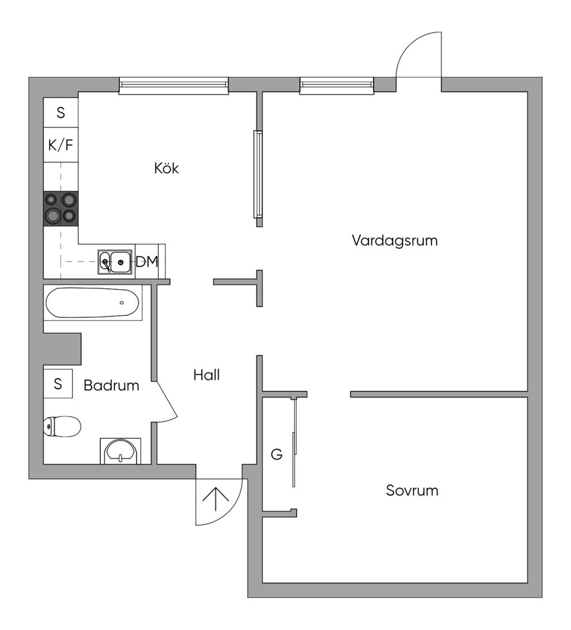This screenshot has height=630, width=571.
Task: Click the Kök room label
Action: pos(167,168)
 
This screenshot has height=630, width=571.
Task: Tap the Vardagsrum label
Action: pos(394,241)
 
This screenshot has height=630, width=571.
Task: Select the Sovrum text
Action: pos(412,491)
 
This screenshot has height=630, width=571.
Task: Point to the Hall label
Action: pos(206,375)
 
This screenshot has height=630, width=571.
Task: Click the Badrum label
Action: pos(112,385)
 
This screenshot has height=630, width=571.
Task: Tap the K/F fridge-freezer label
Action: pos(61,146)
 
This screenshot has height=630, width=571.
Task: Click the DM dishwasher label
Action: pos(147,261)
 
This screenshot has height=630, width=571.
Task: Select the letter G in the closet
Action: pos(277,455)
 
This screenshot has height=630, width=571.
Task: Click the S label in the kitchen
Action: pos(61,113)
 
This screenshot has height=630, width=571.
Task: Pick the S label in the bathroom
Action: pos(58,384)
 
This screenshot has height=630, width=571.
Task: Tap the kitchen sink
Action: pos(115,261)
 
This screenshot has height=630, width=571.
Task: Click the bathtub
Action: pos(93,303)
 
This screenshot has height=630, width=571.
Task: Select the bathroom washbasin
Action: pos(120,450)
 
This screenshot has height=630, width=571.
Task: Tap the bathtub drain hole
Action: pos(122,303)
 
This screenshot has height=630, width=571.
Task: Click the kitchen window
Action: pos(174,85)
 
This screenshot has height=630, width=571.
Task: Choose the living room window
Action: pos(337,85)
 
